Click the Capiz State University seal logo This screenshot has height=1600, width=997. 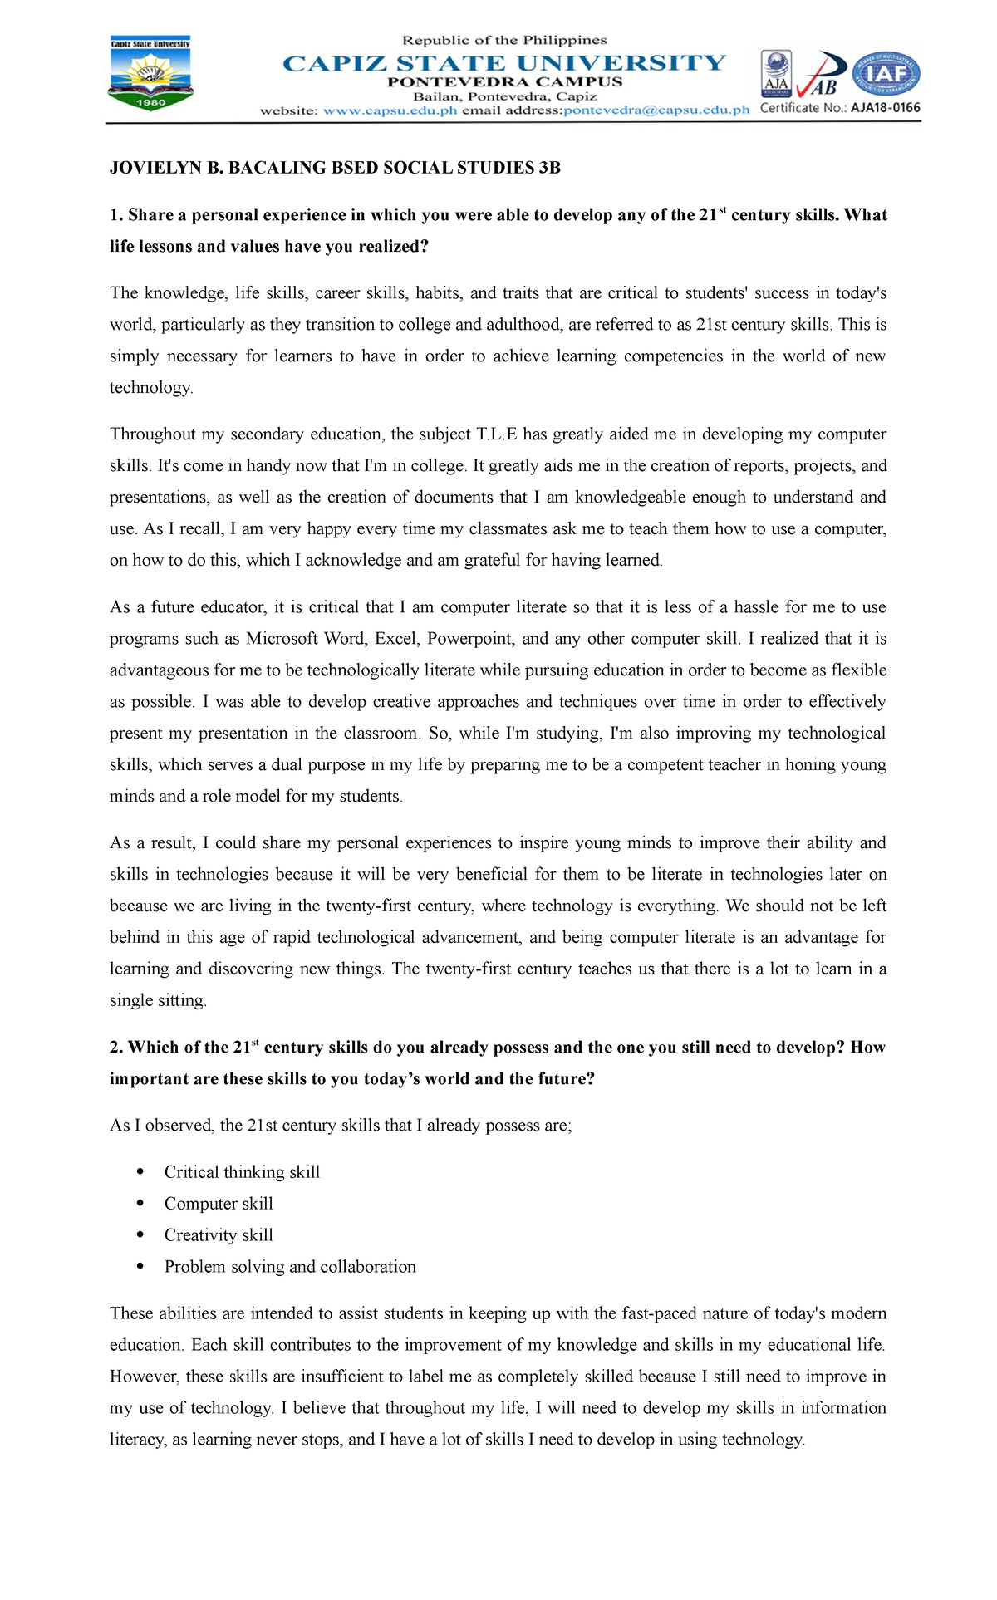[x=150, y=75]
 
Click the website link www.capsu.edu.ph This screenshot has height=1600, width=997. [x=390, y=110]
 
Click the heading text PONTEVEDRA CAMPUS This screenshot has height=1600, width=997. [x=504, y=82]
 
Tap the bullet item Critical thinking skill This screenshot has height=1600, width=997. [x=242, y=1172]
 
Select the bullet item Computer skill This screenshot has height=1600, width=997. [x=219, y=1204]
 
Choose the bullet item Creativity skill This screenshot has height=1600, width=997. [x=219, y=1235]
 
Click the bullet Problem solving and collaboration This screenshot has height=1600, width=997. [x=290, y=1267]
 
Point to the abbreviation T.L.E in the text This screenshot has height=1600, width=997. [x=496, y=434]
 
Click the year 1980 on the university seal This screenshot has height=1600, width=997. [x=150, y=102]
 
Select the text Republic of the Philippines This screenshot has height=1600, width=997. [x=504, y=40]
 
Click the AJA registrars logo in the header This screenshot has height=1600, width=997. [x=776, y=74]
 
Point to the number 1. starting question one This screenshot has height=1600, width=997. [x=116, y=215]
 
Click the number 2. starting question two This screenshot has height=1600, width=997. [x=116, y=1048]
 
